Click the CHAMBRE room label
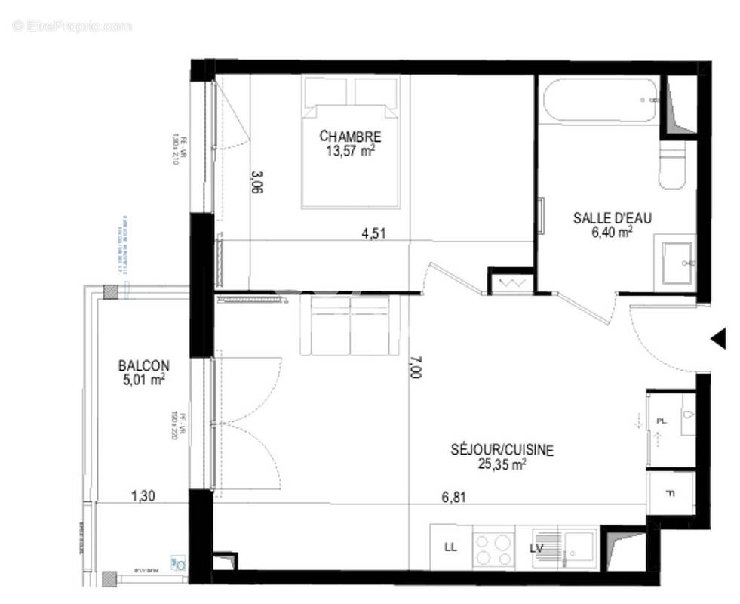[350, 137]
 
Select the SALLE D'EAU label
[613, 218]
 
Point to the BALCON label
[143, 365]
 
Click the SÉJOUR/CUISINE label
[502, 451]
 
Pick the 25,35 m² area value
[502, 464]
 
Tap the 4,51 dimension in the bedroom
[373, 234]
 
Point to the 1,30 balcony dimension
[143, 496]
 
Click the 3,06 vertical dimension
[256, 183]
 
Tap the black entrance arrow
[718, 338]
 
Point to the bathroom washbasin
[677, 262]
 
